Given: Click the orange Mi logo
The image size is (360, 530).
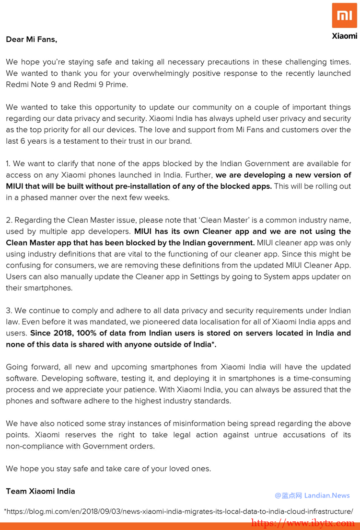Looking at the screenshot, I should (x=344, y=15).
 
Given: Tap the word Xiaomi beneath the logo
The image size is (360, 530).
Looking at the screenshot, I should (x=344, y=36).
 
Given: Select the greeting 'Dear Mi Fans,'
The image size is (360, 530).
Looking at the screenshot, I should (x=32, y=39).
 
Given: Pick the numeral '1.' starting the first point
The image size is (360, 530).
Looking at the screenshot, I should (x=9, y=163).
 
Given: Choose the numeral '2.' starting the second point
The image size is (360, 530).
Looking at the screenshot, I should (x=9, y=220).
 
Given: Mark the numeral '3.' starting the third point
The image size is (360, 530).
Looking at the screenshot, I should (x=9, y=311).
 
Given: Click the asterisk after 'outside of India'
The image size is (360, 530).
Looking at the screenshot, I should (x=213, y=344).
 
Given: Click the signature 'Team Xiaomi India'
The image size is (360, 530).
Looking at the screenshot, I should (x=40, y=491).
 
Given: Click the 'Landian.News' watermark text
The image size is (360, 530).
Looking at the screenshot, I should (x=327, y=495).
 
